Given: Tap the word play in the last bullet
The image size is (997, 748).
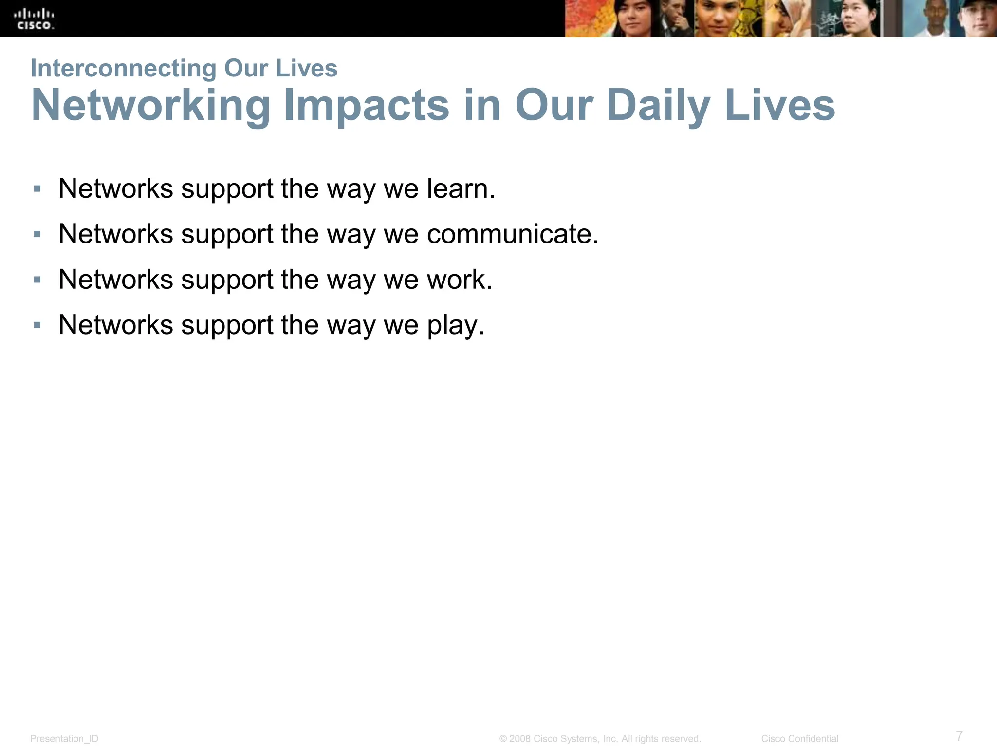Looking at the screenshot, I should pos(456,325).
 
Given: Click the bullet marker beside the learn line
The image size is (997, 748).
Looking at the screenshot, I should pos(37,188).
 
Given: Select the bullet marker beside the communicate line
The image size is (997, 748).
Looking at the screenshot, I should pos(37,234).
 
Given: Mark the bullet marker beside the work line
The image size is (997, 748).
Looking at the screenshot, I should pos(37,280).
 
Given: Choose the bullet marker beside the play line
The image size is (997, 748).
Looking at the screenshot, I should pos(37,325).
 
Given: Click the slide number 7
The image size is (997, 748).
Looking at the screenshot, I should pos(959,735).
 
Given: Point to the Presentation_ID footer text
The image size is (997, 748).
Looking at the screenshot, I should pos(64,739).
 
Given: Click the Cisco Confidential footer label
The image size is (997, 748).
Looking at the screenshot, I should pos(799,739).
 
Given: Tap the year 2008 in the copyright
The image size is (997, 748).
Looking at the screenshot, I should pos(520,739).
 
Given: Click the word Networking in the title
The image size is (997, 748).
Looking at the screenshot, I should pos(151,106).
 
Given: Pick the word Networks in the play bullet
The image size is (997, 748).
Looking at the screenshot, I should pos(115,325).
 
